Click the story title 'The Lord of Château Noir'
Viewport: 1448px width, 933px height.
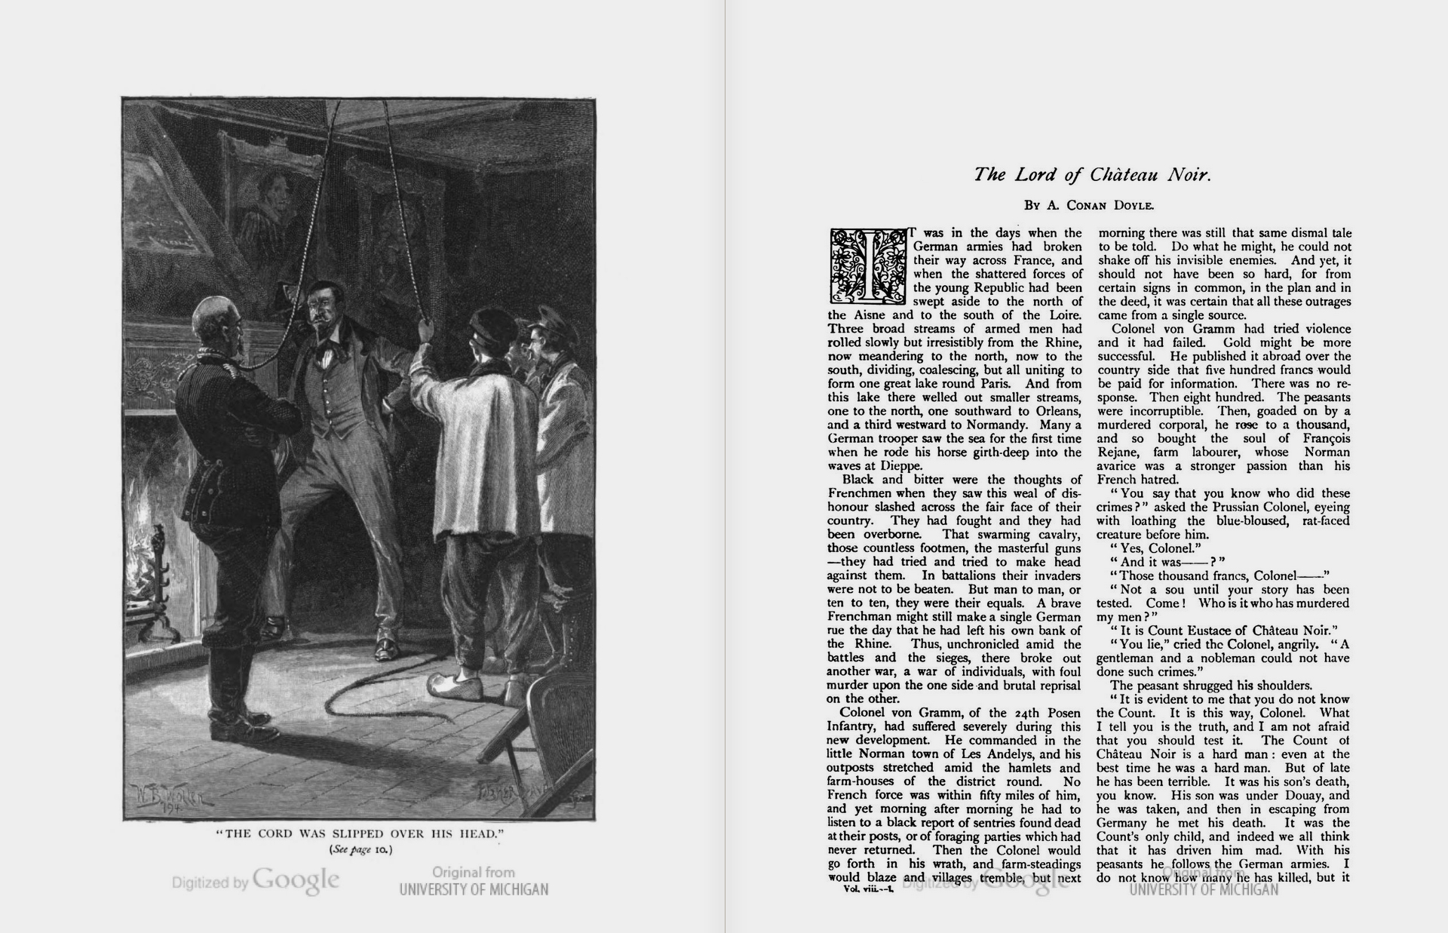click(x=1092, y=175)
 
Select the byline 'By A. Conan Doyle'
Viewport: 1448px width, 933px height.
click(x=1089, y=205)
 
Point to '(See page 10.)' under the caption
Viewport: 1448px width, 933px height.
click(x=360, y=849)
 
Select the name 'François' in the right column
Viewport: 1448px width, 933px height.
click(x=1322, y=438)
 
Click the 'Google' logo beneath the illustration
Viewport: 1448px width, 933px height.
click(x=296, y=879)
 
